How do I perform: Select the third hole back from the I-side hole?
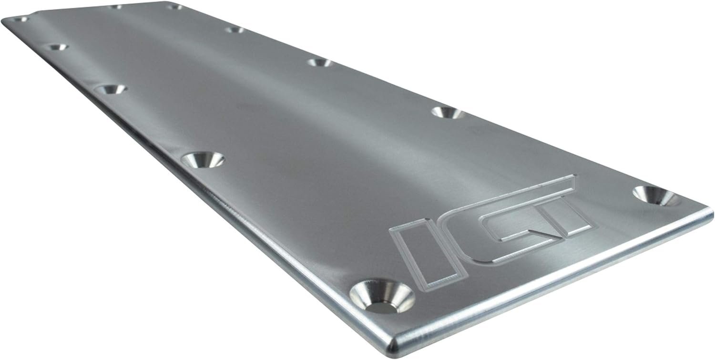(x=109, y=89)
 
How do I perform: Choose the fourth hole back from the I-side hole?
(x=56, y=47)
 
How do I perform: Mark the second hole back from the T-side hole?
(x=447, y=113)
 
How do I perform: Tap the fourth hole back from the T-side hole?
(x=235, y=30)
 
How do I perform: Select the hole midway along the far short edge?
(x=114, y=7)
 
